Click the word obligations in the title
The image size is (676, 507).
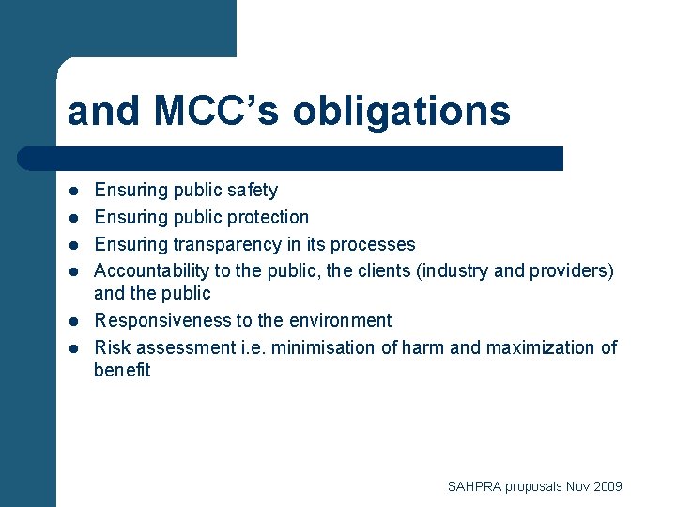point(402,112)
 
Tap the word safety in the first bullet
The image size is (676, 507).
point(252,191)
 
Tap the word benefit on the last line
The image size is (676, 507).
point(122,370)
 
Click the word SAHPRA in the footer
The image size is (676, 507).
point(474,486)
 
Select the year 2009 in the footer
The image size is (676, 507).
point(607,486)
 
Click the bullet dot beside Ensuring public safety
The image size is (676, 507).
point(72,192)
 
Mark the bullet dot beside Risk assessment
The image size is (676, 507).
point(72,348)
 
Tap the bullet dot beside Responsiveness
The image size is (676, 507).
point(72,321)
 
